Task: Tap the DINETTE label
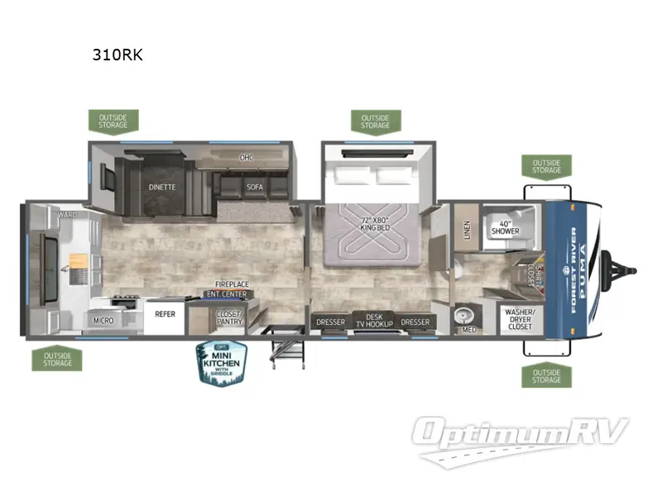pyautogui.click(x=162, y=187)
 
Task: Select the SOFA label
pyautogui.click(x=254, y=187)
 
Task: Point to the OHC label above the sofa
pyautogui.click(x=246, y=157)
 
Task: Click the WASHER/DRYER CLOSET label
pyautogui.click(x=520, y=318)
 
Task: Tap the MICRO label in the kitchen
pyautogui.click(x=103, y=321)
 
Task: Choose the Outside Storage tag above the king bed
pyautogui.click(x=375, y=121)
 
